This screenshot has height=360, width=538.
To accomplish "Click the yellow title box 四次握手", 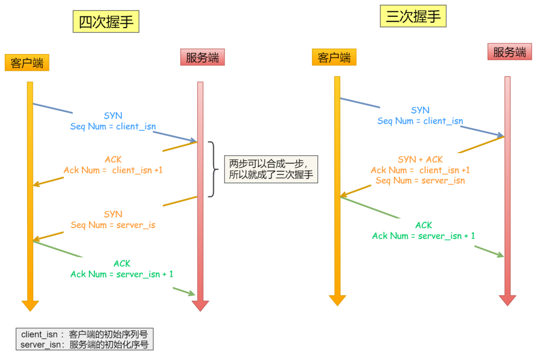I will pos(106,22).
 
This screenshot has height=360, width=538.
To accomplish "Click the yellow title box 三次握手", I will pos(413,16).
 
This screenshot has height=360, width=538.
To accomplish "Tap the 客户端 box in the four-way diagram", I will pos(27,62).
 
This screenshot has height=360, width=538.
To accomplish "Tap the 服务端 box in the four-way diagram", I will pos(202,57).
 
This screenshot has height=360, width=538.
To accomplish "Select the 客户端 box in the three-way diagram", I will pos(334,57).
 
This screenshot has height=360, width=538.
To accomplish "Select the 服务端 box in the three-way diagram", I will pos(509,52).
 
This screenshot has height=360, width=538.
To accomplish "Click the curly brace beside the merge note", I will pos(212,169).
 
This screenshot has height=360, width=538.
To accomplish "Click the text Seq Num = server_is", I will pos(113,225).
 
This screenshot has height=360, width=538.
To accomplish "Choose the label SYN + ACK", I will pos(420,159).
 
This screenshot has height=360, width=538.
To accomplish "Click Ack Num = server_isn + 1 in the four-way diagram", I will pos(122,274).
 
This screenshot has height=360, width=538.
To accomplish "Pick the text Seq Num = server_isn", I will pos(420,181).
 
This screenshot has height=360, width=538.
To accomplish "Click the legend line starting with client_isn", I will pos(84,335).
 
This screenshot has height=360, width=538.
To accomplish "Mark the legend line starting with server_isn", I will pos(84,345).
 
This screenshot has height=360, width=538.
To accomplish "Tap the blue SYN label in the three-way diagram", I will pos(420,110).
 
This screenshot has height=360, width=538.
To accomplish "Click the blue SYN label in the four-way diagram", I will pos(113,115).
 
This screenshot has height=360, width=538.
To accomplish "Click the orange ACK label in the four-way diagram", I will pos(113,159).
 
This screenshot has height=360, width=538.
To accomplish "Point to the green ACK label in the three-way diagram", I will pos(424,225).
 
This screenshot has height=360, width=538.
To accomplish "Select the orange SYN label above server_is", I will pos(113,214).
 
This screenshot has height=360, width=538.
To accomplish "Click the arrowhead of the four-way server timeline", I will pos(200,306).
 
